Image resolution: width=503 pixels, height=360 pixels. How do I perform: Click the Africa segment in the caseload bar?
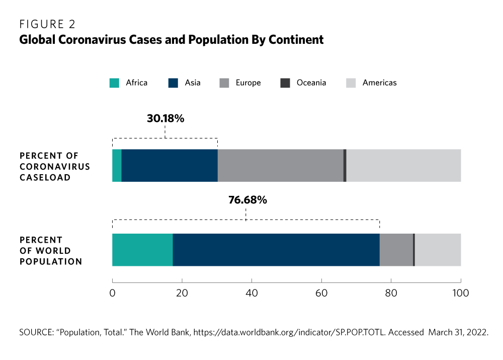click(117, 166)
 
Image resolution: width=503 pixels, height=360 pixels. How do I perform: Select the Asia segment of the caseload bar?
click(170, 166)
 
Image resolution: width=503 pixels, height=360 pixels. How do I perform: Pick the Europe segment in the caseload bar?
click(280, 166)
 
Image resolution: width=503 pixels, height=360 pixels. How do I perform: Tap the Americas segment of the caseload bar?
click(403, 166)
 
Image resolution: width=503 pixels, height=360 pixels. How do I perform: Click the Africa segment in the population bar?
click(142, 250)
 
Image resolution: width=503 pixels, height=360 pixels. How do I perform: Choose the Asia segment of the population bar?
click(276, 250)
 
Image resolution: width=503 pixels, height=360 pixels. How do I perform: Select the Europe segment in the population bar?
click(396, 250)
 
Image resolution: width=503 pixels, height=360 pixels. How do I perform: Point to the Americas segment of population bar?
click(438, 250)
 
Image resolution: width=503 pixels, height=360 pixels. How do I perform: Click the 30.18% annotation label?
click(165, 119)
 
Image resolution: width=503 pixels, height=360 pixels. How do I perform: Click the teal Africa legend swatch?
click(114, 83)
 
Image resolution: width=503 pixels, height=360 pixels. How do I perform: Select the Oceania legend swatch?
click(285, 83)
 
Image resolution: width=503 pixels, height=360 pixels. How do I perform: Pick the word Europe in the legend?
click(247, 83)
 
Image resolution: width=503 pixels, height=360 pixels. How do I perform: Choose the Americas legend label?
click(379, 83)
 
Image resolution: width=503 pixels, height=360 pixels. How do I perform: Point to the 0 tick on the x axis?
click(112, 293)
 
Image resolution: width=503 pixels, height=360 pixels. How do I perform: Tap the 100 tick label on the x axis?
click(461, 293)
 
